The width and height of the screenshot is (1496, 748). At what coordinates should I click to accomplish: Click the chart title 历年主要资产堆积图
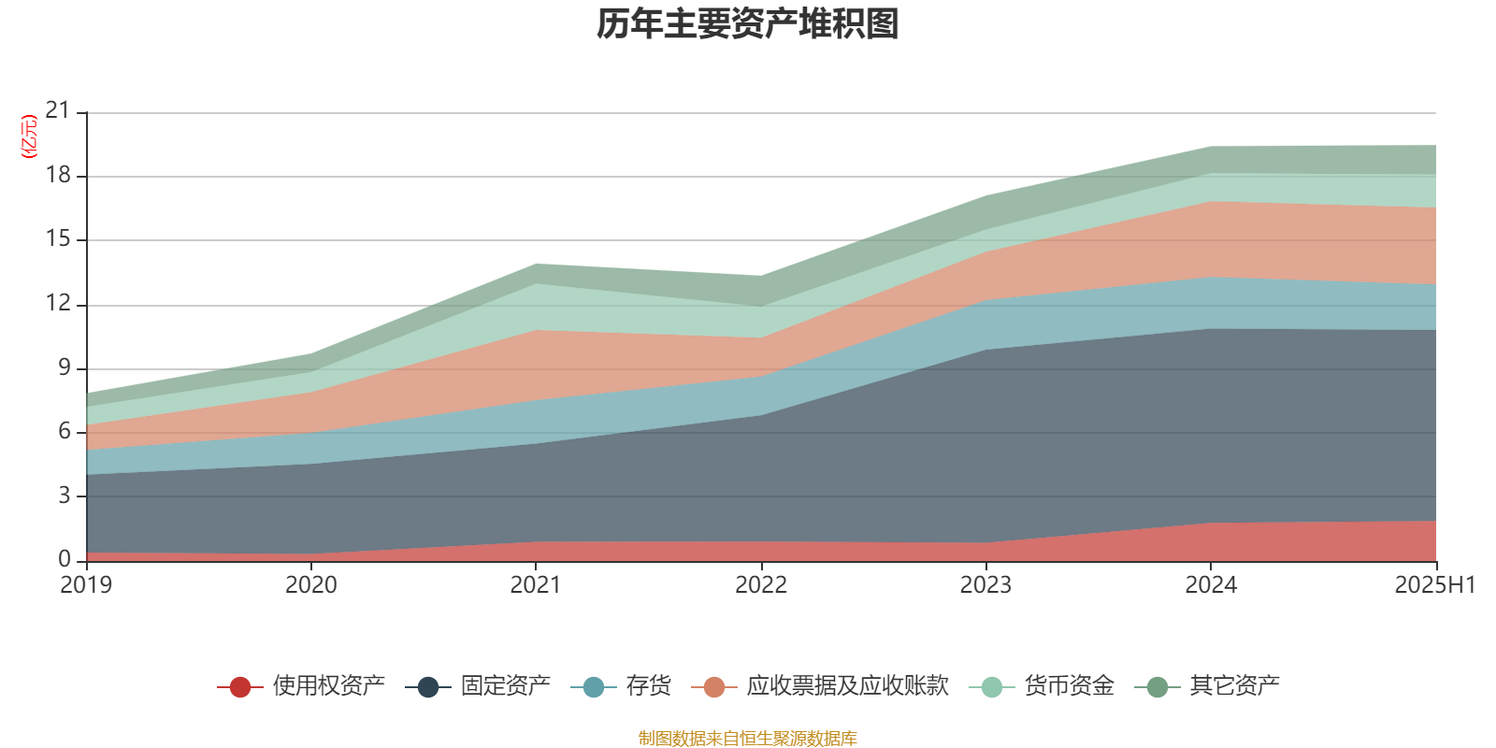tap(748, 24)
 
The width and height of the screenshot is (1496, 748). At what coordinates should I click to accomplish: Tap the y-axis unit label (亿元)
tap(29, 137)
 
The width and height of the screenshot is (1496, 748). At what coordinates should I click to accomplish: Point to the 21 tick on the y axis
tap(58, 111)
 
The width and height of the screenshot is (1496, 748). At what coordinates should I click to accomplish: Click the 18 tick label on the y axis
tap(58, 176)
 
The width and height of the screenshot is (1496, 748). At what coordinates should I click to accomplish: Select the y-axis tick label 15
tap(58, 239)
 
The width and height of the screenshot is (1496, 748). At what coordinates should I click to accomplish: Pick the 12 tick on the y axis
tap(58, 303)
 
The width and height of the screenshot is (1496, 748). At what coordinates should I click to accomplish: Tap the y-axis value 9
tap(64, 367)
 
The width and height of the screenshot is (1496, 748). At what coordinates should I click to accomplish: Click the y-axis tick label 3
tap(64, 496)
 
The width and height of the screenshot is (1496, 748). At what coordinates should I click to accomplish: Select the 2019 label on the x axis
tap(86, 585)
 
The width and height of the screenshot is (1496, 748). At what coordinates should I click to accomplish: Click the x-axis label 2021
tap(536, 585)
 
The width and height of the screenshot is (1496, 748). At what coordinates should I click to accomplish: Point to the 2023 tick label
tap(985, 585)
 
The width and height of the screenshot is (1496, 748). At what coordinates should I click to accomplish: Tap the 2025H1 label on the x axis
tap(1434, 585)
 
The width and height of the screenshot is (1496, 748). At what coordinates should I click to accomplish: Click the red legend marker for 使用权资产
tap(240, 687)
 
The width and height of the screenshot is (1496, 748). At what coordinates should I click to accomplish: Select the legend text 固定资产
tap(505, 686)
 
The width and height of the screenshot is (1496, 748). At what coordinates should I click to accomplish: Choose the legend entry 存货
tap(648, 686)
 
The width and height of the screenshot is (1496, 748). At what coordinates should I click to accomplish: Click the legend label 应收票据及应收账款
tap(847, 686)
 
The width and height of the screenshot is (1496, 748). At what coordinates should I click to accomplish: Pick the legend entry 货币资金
tap(1069, 686)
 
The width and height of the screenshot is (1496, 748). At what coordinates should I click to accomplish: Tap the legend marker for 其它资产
tap(1158, 687)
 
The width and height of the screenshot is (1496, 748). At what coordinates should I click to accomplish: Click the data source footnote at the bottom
tap(748, 739)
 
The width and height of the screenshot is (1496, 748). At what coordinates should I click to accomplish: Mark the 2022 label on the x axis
tap(761, 585)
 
